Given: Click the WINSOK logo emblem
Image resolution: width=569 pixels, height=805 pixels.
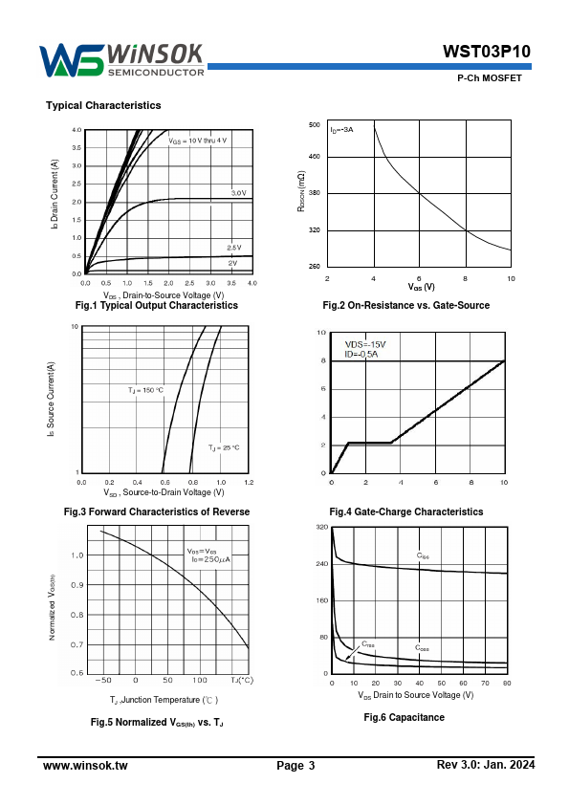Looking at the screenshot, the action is coord(72,60).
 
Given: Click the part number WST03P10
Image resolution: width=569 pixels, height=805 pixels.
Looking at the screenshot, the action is coord(487,52).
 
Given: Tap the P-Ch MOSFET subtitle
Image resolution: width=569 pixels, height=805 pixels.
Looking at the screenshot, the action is coord(490,78).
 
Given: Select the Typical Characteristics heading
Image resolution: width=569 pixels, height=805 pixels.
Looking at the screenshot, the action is coord(103,105).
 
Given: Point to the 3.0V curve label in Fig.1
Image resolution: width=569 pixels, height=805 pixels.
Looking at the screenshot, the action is coord(239,193).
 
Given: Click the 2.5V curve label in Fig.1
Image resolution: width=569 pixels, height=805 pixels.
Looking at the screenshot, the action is coord(234,248).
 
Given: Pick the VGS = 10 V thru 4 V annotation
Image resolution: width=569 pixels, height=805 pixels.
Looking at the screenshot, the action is coord(198,141).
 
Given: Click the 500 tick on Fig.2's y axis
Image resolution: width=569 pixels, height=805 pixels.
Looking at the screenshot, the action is coord(315,124).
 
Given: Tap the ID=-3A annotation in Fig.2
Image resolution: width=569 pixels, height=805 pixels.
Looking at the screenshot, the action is coord(341,130).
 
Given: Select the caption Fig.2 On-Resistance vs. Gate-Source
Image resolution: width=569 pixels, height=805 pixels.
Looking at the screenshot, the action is coord(405,305).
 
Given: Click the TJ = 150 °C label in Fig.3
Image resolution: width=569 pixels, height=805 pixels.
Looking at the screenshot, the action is coord(146,390).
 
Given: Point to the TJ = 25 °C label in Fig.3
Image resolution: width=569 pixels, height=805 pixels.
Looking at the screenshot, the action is coord(224,447).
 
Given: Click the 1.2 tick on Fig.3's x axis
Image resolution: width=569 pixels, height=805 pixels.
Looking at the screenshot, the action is coord(249,483).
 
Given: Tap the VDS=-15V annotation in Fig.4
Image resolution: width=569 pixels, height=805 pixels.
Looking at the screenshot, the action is coord(365,344).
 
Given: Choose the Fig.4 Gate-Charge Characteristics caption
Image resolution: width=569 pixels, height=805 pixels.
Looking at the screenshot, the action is coord(406,511).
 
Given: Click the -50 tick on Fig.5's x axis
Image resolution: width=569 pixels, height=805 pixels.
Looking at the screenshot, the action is coord(103,681).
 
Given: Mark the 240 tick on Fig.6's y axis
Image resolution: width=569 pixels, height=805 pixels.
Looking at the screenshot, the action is coord(322,564).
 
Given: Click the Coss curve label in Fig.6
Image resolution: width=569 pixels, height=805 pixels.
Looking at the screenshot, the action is coord(422,648).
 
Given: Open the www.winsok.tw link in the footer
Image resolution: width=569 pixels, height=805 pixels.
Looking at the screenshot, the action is coord(85,766).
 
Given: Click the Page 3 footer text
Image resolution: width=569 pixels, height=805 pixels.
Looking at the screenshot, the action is coord(295,766).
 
